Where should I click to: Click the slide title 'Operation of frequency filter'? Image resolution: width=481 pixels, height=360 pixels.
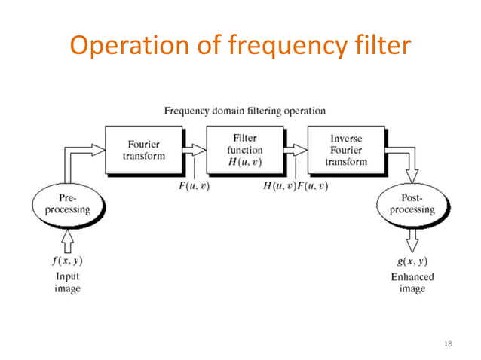(240, 46)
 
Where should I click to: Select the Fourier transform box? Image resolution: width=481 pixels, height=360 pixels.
(143, 149)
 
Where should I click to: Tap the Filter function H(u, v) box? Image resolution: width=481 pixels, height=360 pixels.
(244, 149)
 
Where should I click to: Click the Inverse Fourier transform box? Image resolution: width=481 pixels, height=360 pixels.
(346, 149)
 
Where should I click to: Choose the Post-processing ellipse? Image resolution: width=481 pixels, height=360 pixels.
(412, 203)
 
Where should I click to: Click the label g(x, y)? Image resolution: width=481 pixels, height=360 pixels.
(412, 261)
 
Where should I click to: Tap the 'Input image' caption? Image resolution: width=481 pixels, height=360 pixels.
(67, 282)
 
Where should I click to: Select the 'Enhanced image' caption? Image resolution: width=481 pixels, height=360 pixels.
(412, 282)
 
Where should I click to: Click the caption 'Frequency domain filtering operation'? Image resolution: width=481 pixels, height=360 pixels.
(245, 111)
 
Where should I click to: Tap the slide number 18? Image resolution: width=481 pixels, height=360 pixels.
(449, 344)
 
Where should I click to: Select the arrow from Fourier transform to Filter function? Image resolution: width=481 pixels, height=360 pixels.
(194, 150)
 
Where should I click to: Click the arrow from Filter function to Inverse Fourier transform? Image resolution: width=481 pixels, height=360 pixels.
(296, 150)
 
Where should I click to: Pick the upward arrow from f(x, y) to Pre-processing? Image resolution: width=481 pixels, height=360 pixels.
(67, 240)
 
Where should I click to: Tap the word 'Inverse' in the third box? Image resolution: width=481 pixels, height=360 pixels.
(346, 139)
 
